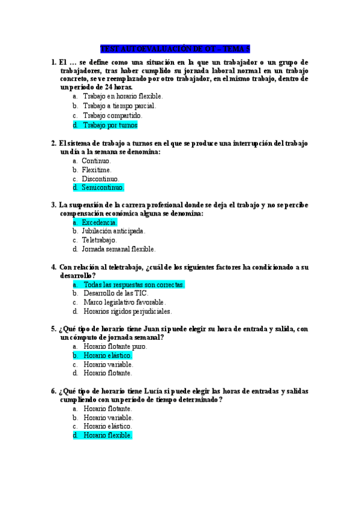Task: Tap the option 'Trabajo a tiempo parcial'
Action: [x=119, y=106]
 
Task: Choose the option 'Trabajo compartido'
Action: [x=112, y=115]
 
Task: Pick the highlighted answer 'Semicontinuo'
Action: [x=103, y=188]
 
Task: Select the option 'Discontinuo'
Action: [x=101, y=179]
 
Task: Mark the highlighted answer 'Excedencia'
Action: [x=99, y=223]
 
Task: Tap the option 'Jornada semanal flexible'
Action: [x=118, y=249]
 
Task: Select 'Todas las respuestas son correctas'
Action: [x=134, y=285]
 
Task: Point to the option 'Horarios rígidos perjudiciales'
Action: [x=127, y=312]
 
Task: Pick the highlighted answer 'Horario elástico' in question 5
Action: [x=107, y=355]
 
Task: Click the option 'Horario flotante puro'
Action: [x=115, y=346]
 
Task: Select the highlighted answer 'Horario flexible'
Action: [x=107, y=435]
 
